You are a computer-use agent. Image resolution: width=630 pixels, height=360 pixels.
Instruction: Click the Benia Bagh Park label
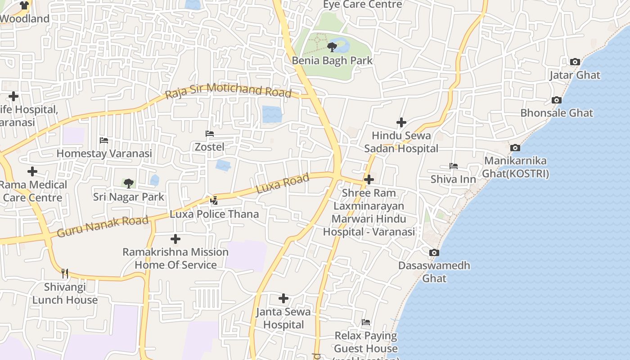(x=332, y=60)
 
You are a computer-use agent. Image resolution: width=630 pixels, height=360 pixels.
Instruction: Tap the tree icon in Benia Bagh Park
(x=332, y=47)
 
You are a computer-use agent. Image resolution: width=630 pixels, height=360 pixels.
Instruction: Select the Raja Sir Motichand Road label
(x=228, y=91)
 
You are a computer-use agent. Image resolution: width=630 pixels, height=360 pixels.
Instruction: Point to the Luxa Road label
(x=283, y=184)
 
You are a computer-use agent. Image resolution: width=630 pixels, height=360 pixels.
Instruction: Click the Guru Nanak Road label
(x=103, y=226)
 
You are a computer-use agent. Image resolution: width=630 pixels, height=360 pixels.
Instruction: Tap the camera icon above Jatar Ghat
(x=575, y=62)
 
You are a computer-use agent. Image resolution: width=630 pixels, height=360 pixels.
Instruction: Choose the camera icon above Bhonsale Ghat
(x=557, y=100)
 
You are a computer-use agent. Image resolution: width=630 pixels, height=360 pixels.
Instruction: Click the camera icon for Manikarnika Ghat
(x=515, y=148)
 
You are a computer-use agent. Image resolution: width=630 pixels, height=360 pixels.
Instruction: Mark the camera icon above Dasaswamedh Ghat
(x=434, y=253)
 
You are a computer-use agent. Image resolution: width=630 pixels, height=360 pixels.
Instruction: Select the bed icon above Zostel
(x=209, y=134)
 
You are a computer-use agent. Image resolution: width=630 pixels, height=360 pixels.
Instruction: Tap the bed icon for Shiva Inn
(x=453, y=166)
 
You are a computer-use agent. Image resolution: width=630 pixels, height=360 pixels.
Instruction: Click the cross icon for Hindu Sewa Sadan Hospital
(x=401, y=122)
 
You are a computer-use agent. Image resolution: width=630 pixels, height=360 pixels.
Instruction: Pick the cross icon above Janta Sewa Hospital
(x=283, y=298)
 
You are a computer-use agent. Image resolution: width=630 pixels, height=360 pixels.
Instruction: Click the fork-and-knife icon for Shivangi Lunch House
(x=65, y=273)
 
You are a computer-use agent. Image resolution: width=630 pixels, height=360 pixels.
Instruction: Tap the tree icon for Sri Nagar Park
(x=128, y=184)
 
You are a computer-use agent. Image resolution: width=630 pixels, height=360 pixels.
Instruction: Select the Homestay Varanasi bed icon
(x=104, y=140)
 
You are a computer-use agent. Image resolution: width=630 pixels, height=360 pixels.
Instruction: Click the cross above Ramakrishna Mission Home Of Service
(x=175, y=239)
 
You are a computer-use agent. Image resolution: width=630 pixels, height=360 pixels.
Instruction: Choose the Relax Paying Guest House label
(x=366, y=342)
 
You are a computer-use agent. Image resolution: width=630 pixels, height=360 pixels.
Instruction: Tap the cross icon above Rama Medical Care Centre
(x=32, y=171)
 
